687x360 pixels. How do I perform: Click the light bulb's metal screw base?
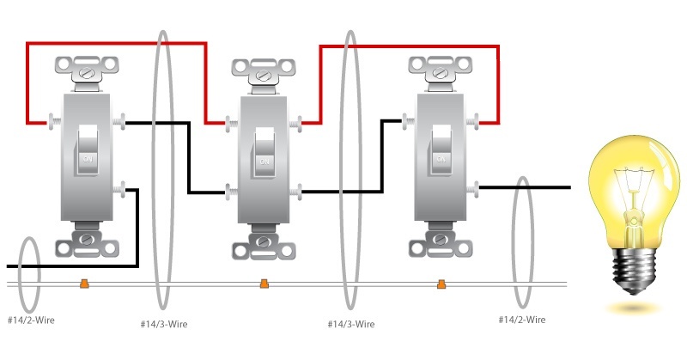coord(634,270)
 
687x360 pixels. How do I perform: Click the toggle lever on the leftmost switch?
coord(88,150)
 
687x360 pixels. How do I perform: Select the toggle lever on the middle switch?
coord(264,153)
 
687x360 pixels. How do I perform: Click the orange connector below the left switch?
coord(84,284)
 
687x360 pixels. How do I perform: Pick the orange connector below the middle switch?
coord(264,284)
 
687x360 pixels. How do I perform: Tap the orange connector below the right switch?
coord(441,284)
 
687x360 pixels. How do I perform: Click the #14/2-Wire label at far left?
coord(31,320)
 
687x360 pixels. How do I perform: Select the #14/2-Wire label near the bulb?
coord(522,320)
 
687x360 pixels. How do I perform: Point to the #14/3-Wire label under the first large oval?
coord(164,325)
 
